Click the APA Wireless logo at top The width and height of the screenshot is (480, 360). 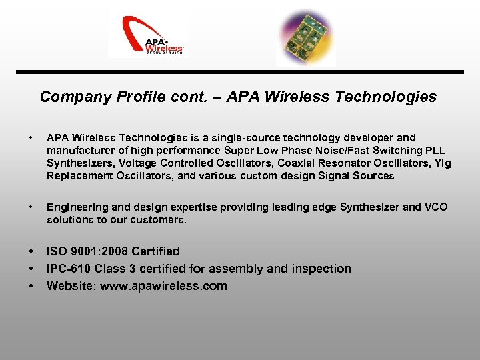(x=148, y=37)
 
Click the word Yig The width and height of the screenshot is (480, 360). (x=442, y=163)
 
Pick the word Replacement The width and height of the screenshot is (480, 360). (x=78, y=176)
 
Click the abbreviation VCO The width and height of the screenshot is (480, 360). (x=435, y=207)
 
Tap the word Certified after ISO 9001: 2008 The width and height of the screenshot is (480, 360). (x=156, y=251)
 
